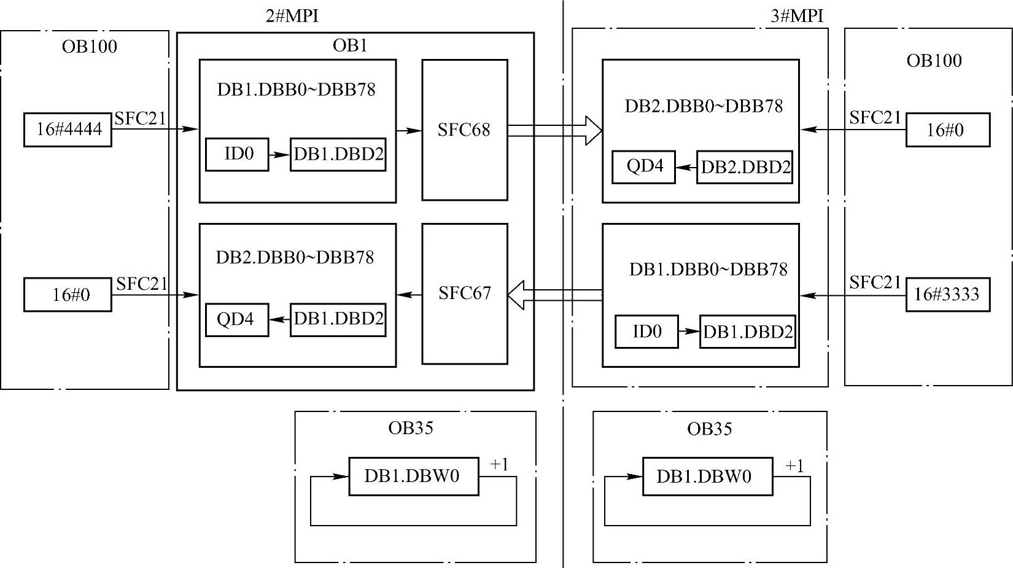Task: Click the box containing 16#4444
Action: coord(68,130)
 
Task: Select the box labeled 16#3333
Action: coord(947,295)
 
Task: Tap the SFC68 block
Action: coord(464,130)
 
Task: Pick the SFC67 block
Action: coord(464,294)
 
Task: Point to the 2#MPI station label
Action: coord(292,15)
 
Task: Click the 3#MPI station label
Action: coord(796,15)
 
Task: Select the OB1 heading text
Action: coord(350,45)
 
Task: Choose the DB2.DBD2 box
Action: coord(745,167)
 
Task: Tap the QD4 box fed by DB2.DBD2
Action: coord(643,167)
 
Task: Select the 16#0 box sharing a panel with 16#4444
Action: coord(68,295)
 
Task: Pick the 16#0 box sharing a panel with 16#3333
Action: coord(947,130)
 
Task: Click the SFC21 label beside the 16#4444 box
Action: coord(140,119)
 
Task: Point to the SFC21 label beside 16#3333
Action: coord(874,282)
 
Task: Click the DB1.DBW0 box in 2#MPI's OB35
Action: coord(413,477)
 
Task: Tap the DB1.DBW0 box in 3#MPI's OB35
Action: coord(707,477)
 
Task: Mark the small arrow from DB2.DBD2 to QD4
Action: coord(686,167)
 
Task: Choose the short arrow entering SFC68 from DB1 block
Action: coord(409,130)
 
